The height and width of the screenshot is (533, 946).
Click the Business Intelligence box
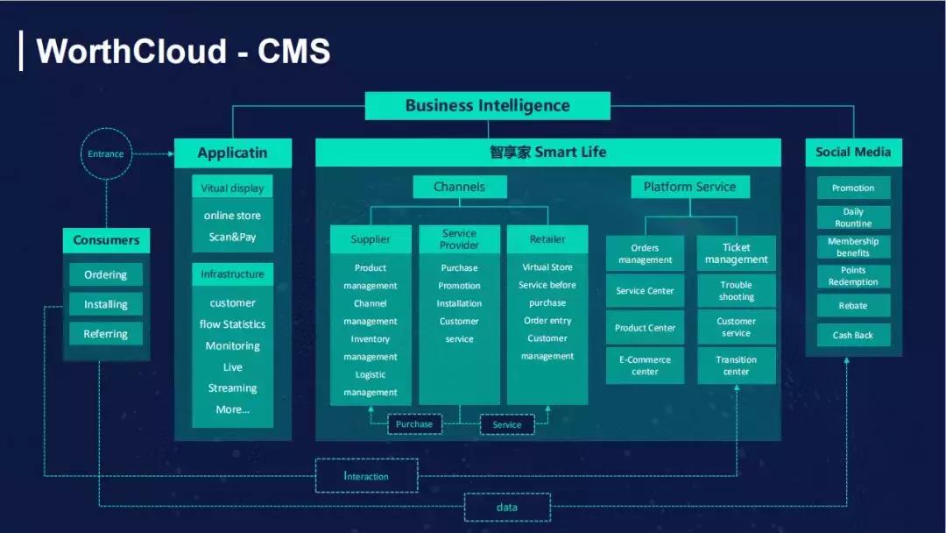[487, 106]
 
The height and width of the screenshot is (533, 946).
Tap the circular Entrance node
[106, 154]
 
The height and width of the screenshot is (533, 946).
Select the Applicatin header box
[232, 153]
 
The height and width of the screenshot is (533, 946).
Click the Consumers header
[106, 240]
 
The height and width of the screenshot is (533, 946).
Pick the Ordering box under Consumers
[106, 274]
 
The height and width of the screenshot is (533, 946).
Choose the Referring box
[106, 334]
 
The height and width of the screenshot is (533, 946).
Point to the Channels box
[459, 187]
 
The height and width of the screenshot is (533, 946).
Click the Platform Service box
[689, 187]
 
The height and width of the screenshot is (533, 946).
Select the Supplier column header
[371, 239]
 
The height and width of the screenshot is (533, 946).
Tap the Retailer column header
[547, 239]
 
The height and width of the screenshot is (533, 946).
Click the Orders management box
[645, 253]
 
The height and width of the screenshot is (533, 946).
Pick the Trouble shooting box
[737, 291]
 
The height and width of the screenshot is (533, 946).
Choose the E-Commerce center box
[645, 366]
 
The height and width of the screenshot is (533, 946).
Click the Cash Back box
[853, 335]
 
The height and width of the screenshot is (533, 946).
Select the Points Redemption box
[853, 276]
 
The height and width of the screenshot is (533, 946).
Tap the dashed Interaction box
[366, 476]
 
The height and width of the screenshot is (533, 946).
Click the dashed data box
[506, 508]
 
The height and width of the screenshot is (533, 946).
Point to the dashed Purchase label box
[414, 424]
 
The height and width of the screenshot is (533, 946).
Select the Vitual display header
[232, 188]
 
